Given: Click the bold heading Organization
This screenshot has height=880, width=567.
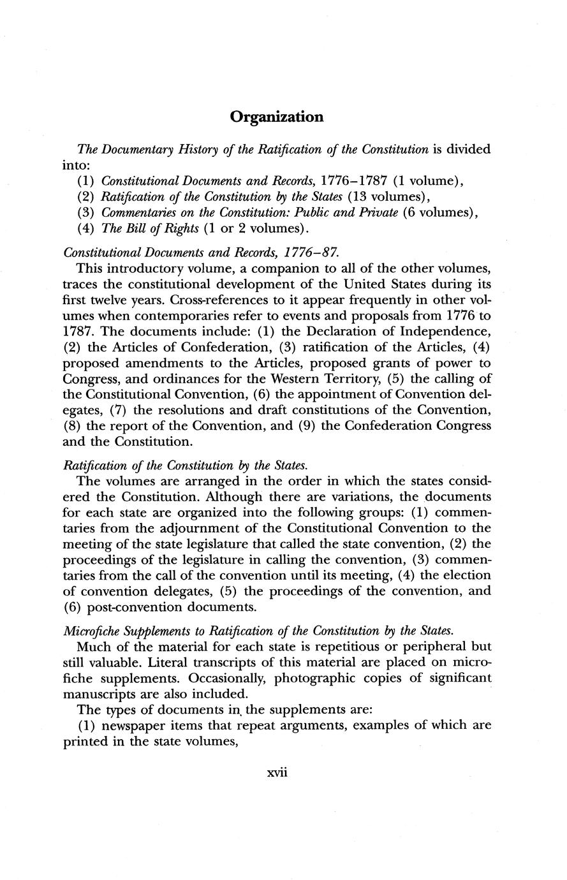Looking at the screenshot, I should point(277,117).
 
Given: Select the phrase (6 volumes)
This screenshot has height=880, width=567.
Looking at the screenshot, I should point(438,212).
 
